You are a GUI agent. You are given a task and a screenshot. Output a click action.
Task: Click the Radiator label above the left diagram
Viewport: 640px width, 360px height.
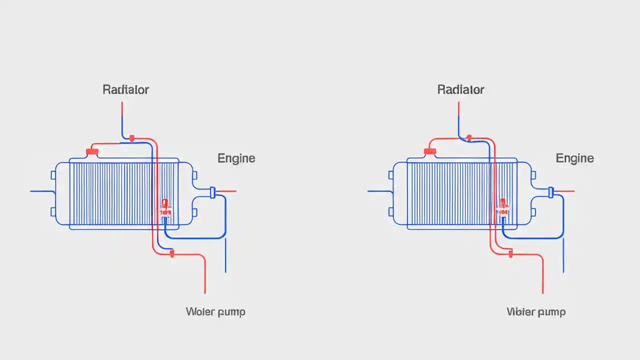pos(125,90)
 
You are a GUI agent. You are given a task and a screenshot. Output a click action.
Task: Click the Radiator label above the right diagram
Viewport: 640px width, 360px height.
pos(460,90)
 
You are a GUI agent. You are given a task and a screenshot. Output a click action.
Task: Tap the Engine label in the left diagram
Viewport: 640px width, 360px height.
pos(236,158)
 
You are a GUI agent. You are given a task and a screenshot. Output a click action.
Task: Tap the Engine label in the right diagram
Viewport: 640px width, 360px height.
pos(574,158)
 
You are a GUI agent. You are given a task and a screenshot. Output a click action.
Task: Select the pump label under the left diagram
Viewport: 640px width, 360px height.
pos(215,312)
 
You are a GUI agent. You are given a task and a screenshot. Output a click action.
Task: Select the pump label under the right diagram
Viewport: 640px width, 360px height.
pos(536,312)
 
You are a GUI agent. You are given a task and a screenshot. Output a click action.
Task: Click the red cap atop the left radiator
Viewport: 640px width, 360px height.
pos(92,151)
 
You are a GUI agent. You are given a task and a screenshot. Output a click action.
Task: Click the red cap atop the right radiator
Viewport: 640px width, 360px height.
pos(430,151)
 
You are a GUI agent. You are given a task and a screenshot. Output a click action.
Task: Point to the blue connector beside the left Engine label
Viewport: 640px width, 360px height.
pos(212,192)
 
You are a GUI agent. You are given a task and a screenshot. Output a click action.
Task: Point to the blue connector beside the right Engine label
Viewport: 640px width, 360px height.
pos(551,191)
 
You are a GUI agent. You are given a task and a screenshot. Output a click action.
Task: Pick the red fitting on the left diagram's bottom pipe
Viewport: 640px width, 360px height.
pos(172,254)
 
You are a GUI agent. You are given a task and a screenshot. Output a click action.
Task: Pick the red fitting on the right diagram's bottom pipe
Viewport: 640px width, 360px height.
pos(510,254)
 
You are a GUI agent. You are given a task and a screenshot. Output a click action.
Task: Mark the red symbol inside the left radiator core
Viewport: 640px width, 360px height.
pos(165,207)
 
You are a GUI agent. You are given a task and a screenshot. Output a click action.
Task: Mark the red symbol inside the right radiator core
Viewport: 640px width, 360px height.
pos(503,207)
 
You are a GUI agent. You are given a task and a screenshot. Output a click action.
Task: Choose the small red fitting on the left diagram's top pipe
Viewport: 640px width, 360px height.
pos(132,138)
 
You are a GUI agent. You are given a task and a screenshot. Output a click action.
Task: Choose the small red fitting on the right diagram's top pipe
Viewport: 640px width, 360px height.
pos(469,137)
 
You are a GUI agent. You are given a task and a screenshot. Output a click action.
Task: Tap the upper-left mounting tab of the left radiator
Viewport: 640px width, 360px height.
pos(53,175)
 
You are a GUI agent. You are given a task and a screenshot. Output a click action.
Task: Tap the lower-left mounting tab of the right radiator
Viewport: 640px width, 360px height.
pos(391,212)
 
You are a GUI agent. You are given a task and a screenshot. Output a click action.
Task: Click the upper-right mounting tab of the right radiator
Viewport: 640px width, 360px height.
pos(532,175)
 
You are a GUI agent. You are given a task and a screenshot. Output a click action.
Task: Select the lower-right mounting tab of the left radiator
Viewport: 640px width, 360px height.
pos(194,212)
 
